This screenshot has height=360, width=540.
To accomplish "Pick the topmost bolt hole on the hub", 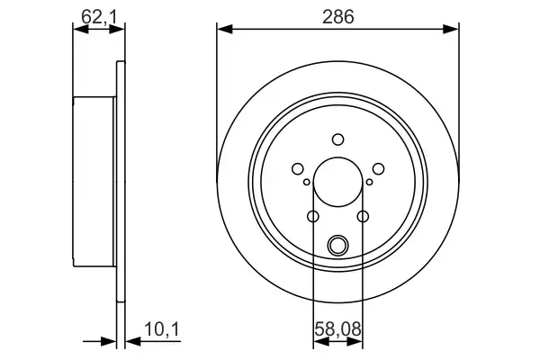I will [337, 139].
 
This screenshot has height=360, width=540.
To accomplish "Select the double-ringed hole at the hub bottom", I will [337, 244].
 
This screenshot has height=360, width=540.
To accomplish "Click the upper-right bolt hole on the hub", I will [378, 167].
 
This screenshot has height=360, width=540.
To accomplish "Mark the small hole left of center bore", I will [307, 183].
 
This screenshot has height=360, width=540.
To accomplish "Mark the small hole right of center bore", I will [368, 183].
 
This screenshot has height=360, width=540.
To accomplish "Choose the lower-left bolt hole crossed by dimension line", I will [313, 216].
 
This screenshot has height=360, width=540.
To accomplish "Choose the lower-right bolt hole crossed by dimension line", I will [363, 216].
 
